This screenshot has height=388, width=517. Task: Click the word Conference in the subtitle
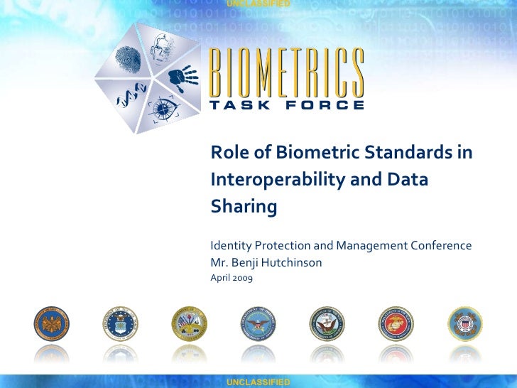pyautogui.click(x=440, y=246)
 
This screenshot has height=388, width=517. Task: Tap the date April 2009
pyautogui.click(x=231, y=278)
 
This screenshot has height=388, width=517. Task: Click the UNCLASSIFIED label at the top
pyautogui.click(x=258, y=4)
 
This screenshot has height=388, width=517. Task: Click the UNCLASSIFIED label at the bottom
pyautogui.click(x=258, y=382)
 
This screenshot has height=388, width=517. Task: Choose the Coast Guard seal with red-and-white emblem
pyautogui.click(x=464, y=324)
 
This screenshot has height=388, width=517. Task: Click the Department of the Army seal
pyautogui.click(x=189, y=324)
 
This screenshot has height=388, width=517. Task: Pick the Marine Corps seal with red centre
pyautogui.click(x=396, y=324)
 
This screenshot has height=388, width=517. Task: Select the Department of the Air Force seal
pyautogui.click(x=120, y=324)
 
